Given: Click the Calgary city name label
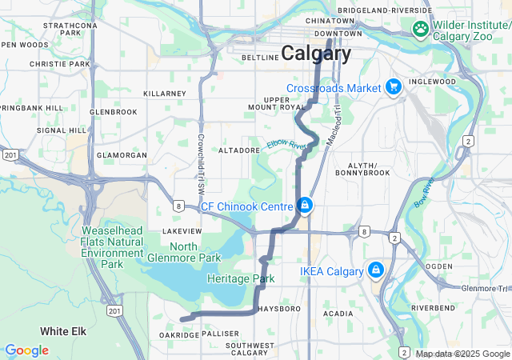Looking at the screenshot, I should tap(316, 54).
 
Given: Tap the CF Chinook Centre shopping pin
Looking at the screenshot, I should tap(305, 206).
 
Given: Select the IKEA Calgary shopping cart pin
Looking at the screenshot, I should tap(375, 270).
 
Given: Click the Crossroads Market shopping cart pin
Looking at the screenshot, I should tap(393, 86).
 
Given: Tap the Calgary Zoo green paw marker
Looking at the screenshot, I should tap(421, 29).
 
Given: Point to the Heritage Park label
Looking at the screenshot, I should tap(240, 278).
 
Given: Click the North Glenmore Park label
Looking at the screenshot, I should tap(183, 252).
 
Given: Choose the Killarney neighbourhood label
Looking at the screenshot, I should tap(164, 94).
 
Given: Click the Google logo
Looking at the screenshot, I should tap(26, 350).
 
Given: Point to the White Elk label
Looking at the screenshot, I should tap(63, 330).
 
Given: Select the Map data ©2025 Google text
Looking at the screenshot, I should tap(462, 354).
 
